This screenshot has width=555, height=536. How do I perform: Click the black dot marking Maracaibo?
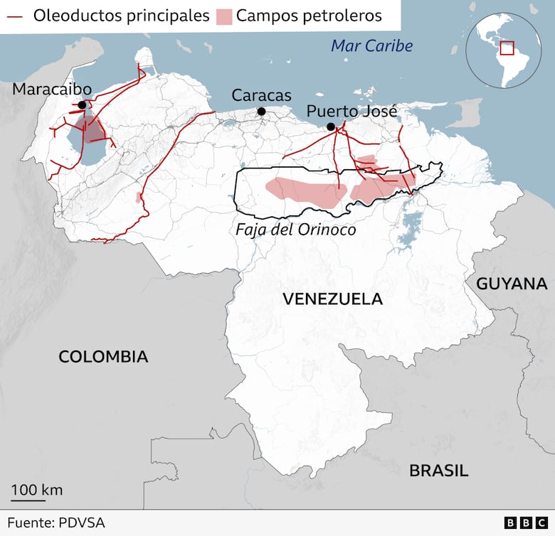[x=83, y=105]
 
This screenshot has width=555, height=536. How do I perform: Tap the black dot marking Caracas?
[x=262, y=112]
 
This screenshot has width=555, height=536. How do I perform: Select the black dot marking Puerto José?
[x=331, y=127]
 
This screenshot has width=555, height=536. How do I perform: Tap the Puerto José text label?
[x=351, y=112]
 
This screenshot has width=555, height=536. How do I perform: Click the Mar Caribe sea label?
[x=372, y=46]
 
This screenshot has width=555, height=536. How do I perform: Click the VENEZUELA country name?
[x=332, y=299]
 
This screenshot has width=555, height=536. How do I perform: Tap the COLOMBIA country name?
[x=103, y=357]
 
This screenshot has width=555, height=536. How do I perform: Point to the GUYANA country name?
[x=512, y=284]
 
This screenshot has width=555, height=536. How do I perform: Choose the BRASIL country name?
[x=438, y=471]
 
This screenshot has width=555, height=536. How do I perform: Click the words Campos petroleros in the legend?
[x=309, y=16]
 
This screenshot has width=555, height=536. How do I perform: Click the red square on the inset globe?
[x=507, y=48]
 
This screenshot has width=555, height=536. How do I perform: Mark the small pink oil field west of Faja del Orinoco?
[x=139, y=197]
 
